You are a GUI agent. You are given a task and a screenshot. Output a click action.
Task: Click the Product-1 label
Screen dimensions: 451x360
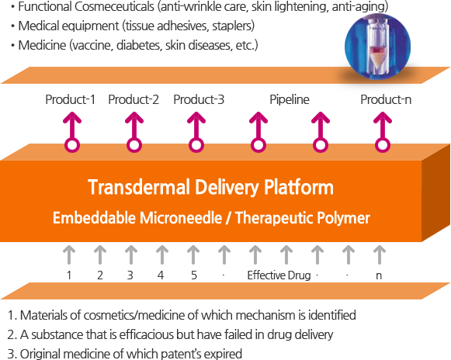point(70,99)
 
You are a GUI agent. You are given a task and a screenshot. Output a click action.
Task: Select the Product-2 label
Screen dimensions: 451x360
point(134,99)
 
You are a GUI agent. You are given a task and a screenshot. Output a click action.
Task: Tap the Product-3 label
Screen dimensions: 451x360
point(199,99)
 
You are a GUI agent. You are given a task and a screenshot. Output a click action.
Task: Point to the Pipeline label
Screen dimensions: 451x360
point(290,100)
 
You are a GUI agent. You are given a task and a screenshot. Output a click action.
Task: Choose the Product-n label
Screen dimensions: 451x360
point(386,99)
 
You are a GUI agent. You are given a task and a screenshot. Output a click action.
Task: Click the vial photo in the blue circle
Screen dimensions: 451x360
point(378,47)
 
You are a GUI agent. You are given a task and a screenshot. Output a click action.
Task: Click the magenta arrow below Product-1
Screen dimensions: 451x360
point(72,132)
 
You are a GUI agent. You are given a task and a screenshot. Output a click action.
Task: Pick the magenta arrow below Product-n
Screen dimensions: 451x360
point(383,132)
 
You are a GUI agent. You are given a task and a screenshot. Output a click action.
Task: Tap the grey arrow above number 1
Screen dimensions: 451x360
point(69,254)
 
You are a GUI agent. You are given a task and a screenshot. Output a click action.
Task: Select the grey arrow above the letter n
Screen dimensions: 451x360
point(380,254)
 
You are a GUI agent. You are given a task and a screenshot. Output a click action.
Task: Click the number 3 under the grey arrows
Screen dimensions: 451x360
point(130,275)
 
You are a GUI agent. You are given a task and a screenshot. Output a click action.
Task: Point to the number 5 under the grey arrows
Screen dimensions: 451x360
point(194,275)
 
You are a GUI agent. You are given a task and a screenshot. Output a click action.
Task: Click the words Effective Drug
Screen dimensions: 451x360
point(279,275)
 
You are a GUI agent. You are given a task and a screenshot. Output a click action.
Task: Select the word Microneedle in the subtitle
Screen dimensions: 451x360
point(181,218)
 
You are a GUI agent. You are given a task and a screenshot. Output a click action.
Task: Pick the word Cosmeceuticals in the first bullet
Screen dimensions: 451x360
point(114,7)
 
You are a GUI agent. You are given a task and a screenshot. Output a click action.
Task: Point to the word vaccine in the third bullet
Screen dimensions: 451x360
point(92,46)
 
